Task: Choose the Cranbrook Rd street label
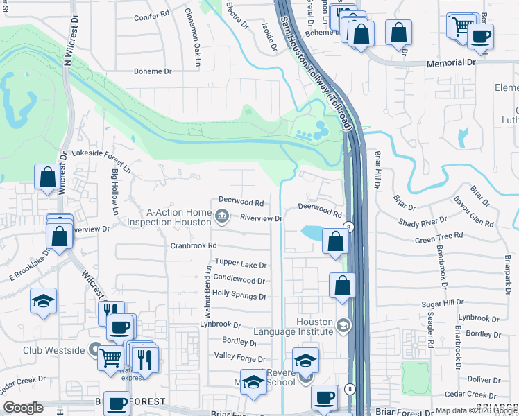coord(194,245)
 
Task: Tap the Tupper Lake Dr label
coord(241,264)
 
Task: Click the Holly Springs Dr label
coord(240,296)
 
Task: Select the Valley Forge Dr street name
coord(241,359)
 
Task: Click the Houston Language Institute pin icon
coord(343,325)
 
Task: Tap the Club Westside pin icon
coord(96,349)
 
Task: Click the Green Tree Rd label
coord(439,238)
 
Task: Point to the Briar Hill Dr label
coord(379,171)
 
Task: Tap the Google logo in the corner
coord(23,408)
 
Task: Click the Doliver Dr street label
coord(484,379)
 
